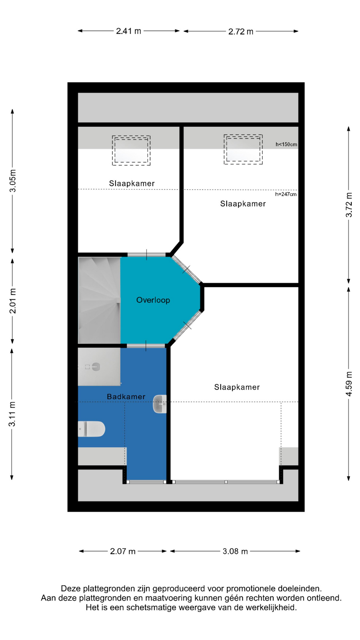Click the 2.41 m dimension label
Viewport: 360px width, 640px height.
[x=129, y=31]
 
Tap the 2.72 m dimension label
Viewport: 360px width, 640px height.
[x=241, y=32]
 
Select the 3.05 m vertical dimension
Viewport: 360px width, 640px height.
[x=13, y=181]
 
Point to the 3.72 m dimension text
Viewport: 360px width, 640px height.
[x=349, y=205]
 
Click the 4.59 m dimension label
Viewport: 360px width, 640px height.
[x=349, y=384]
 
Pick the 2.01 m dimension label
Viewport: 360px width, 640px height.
[x=13, y=301]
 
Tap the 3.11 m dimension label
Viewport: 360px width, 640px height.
[x=12, y=414]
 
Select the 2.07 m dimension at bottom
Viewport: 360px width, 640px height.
[x=123, y=551]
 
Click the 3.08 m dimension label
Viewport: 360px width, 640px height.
[x=235, y=551]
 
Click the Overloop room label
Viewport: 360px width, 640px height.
[x=153, y=300]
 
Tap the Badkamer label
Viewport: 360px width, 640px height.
[x=126, y=397]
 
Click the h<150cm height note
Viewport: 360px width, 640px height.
[x=286, y=144]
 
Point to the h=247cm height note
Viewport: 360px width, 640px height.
[x=286, y=194]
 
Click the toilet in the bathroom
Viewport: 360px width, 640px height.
[x=91, y=429]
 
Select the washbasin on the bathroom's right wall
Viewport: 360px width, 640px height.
[x=160, y=404]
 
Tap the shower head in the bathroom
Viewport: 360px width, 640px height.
[x=96, y=367]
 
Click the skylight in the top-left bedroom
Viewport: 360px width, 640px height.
[x=131, y=150]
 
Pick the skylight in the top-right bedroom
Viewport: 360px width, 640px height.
[x=243, y=149]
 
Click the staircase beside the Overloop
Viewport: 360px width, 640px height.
[x=99, y=300]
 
